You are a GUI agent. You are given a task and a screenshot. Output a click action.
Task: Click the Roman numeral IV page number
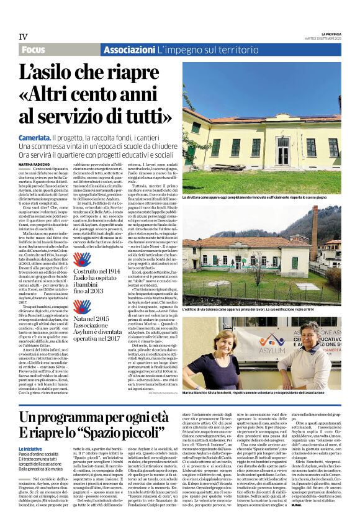[24, 37]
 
